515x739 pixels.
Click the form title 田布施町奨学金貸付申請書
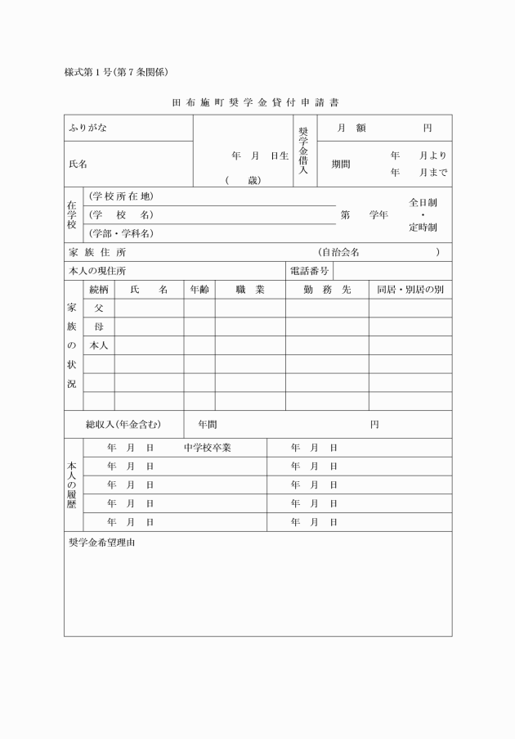pyautogui.click(x=257, y=103)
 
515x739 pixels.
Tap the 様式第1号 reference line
pyautogui.click(x=116, y=72)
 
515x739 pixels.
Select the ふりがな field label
pyautogui.click(x=88, y=128)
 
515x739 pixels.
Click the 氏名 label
pyautogui.click(x=78, y=164)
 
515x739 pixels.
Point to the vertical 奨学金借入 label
pyautogui.click(x=303, y=151)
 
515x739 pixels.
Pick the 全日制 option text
pyautogui.click(x=423, y=201)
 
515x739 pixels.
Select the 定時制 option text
pyautogui.click(x=423, y=227)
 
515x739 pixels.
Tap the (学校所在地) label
pyautogui.click(x=121, y=196)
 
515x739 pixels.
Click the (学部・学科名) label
pyautogui.click(x=121, y=233)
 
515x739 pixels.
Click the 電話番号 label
pyautogui.click(x=309, y=271)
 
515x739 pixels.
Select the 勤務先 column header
pyautogui.click(x=326, y=290)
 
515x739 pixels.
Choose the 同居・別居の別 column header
pyautogui.click(x=410, y=290)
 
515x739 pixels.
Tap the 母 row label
pyautogui.click(x=99, y=327)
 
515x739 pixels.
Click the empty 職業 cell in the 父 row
pyautogui.click(x=249, y=308)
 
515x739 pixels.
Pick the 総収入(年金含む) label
pyautogui.click(x=123, y=424)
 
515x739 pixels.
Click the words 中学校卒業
pyautogui.click(x=208, y=448)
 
